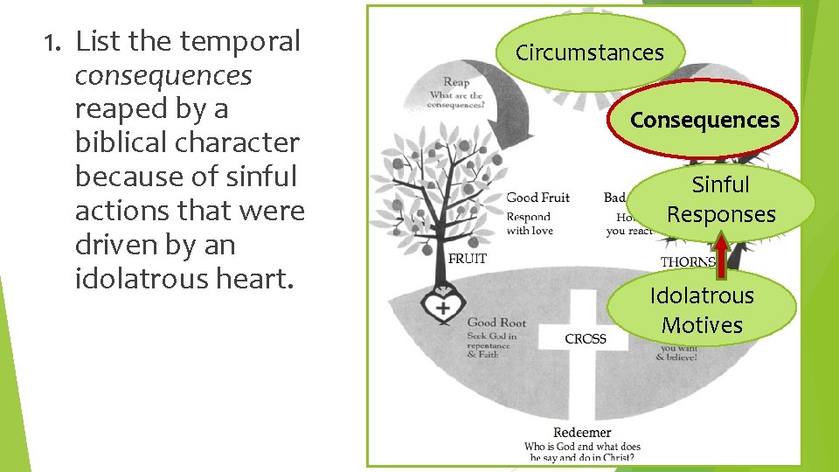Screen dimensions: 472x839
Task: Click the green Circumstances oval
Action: [590, 52]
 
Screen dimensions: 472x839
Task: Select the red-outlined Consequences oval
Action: [704, 120]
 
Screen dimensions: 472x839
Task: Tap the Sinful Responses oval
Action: [721, 199]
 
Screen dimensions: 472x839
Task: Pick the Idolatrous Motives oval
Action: [702, 309]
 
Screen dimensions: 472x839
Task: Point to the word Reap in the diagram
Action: [456, 83]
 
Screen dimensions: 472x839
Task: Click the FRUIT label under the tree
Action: [467, 259]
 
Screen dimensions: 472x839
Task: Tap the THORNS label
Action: [688, 261]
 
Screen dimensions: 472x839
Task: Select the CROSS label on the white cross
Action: [586, 338]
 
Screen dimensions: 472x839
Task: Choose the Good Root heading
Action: [496, 323]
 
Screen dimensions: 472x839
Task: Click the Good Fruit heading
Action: [537, 198]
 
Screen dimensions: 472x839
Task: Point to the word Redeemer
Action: [581, 433]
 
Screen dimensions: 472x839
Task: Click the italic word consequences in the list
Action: [163, 75]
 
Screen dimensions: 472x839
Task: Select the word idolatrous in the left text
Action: [138, 279]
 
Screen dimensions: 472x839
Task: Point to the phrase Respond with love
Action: [529, 224]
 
